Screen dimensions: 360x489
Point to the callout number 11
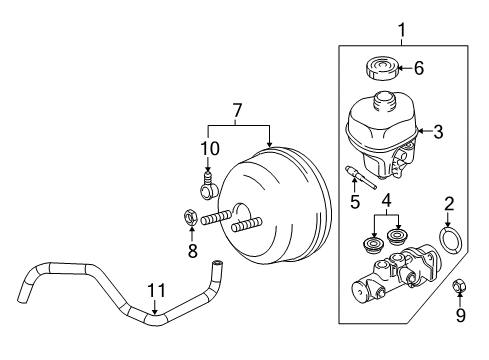153,292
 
